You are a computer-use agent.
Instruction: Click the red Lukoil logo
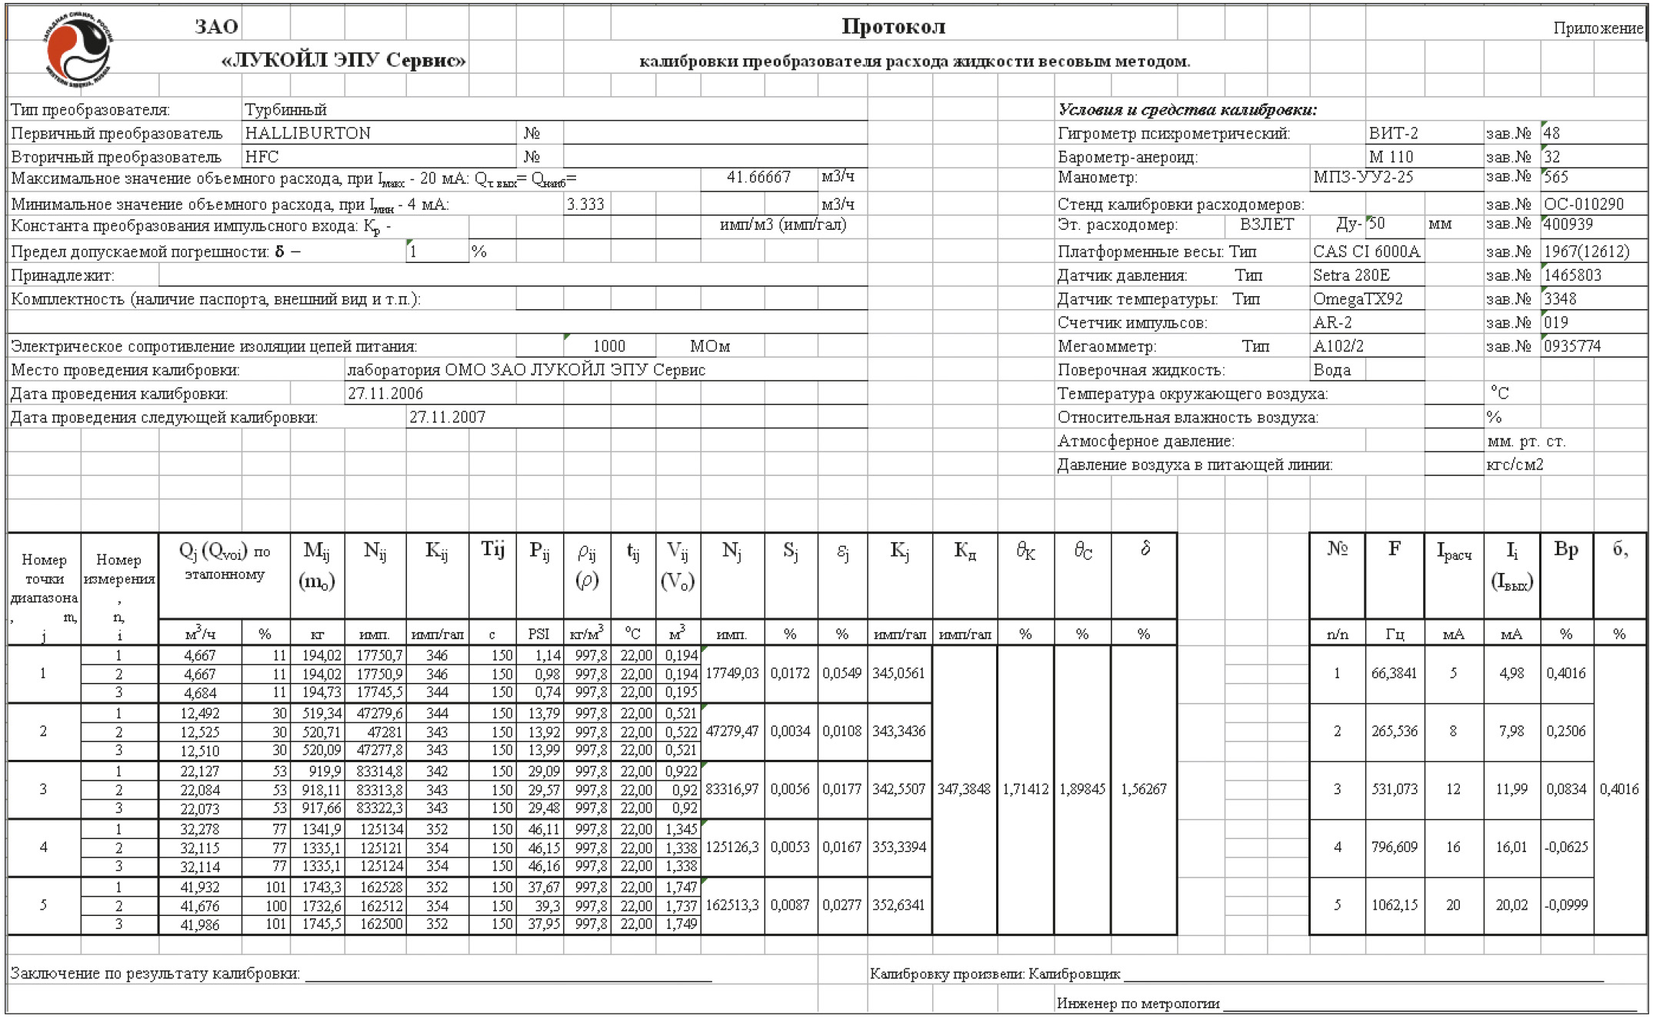[77, 50]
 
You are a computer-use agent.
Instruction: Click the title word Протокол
[892, 27]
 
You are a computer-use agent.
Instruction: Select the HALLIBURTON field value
[308, 133]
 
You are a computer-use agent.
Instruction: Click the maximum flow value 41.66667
[758, 178]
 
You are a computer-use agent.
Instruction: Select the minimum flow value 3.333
[585, 205]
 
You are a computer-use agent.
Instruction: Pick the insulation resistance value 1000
[609, 346]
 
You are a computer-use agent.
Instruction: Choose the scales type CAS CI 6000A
[1366, 251]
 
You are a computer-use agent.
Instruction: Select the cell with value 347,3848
[964, 789]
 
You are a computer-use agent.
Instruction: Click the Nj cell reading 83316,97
[732, 789]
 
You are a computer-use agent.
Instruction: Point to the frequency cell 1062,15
[1394, 905]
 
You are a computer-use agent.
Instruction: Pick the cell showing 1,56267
[1143, 789]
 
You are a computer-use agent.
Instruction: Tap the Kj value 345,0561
[898, 673]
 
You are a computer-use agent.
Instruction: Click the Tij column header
[492, 549]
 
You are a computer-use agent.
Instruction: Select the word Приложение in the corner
[1598, 28]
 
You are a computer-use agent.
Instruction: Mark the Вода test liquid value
[1331, 370]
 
